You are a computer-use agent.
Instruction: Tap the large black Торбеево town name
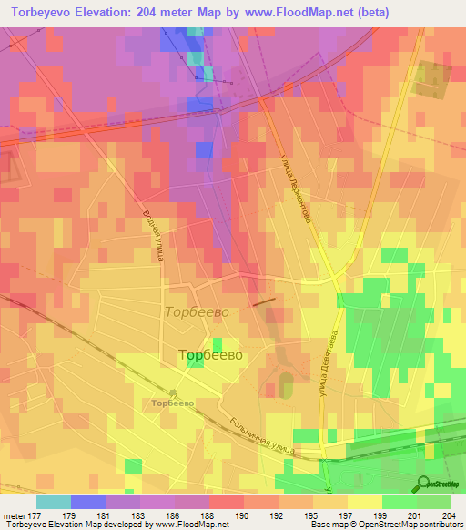[x=210, y=355]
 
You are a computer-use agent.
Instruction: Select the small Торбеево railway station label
[x=173, y=403]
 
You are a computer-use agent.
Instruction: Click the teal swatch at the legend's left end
[x=54, y=502]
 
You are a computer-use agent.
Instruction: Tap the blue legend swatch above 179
[x=88, y=502]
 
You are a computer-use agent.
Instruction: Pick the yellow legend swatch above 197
[x=365, y=502]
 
